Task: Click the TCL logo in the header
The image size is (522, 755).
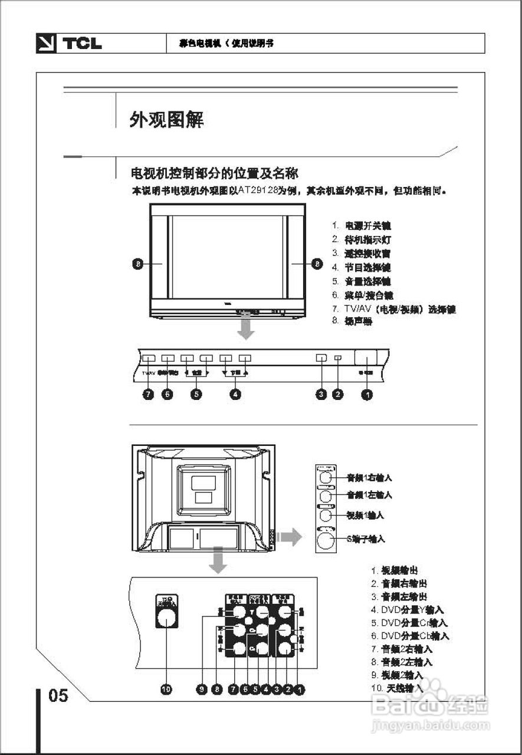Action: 70,44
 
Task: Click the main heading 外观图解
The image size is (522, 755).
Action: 167,120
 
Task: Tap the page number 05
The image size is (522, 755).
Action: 58,696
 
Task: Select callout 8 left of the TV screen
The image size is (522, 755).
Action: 137,264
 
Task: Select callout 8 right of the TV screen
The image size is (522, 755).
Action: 316,264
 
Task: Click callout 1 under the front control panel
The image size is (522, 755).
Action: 367,395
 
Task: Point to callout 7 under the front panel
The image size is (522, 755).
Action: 149,395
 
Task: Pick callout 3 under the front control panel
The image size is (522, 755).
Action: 321,395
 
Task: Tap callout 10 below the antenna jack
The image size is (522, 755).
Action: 166,688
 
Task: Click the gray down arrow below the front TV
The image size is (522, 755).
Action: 246,327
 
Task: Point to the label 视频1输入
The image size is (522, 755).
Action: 365,515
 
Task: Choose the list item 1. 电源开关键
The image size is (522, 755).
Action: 361,226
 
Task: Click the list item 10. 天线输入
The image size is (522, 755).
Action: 397,688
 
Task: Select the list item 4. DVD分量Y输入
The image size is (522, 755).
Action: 407,610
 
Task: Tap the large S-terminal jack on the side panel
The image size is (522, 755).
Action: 326,539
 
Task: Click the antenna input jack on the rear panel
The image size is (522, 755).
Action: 166,617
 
